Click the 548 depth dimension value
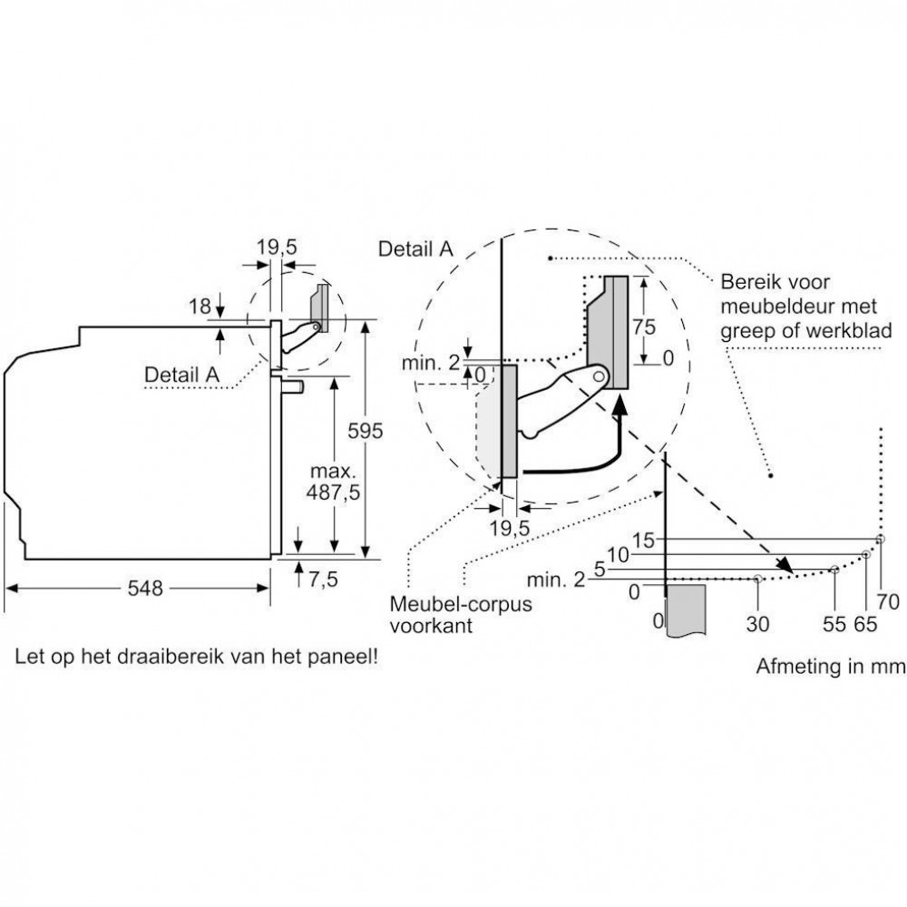[145, 589]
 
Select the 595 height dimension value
[365, 431]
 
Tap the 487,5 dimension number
[333, 493]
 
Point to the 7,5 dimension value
[323, 579]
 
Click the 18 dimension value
[200, 307]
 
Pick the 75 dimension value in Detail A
[644, 327]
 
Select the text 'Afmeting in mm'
[831, 667]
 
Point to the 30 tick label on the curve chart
[757, 624]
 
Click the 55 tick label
[834, 624]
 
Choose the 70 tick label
[888, 602]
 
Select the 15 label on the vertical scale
[643, 541]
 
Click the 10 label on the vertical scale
[618, 555]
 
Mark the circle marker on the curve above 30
[757, 579]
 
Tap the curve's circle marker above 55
[834, 570]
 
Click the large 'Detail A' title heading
[415, 249]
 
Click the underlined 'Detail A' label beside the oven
[181, 375]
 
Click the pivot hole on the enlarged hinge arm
[599, 376]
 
